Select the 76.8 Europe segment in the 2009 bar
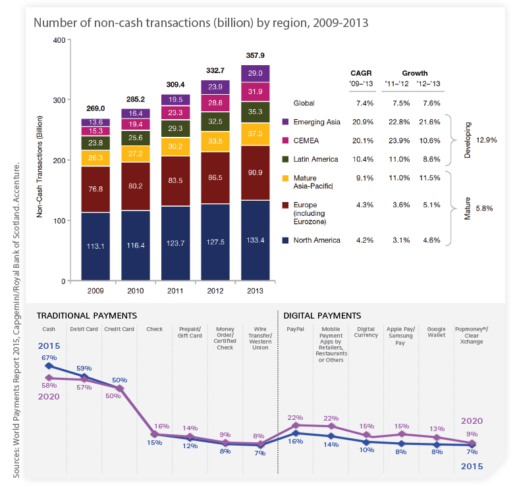coord(95,190)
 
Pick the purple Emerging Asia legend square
coord(286,122)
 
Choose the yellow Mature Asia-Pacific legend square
coord(286,178)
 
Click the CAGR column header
coord(362,73)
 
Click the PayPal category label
coord(295,328)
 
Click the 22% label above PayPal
coord(296,418)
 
